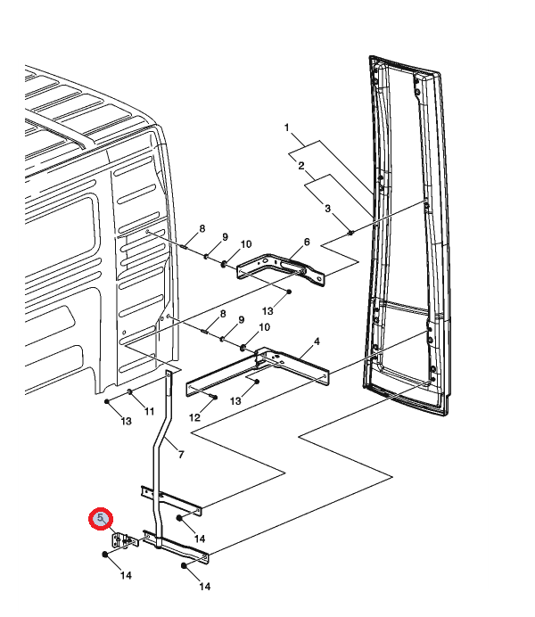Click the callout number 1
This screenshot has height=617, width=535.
coord(287,128)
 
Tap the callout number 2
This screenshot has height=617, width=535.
coord(301,166)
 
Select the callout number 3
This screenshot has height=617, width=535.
coord(327,208)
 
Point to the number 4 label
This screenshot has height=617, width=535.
coord(317,341)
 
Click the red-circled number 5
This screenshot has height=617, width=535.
coord(101,518)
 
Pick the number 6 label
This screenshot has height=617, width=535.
coord(307,242)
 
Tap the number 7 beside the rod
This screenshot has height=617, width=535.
coord(181,455)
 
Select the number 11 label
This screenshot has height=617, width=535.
coord(149,411)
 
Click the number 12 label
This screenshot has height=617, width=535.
coord(194,417)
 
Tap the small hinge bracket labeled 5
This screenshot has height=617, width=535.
coord(125,540)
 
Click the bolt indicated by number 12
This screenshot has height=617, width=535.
coord(214,397)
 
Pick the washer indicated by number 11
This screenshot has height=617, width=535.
coord(129,391)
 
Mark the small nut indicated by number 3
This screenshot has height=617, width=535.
coord(351,233)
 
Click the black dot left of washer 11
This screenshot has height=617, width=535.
coord(107,401)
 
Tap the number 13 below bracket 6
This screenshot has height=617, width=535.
coord(267,311)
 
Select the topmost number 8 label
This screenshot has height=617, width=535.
coord(202,228)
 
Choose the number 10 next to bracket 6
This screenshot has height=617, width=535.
coord(246,244)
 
